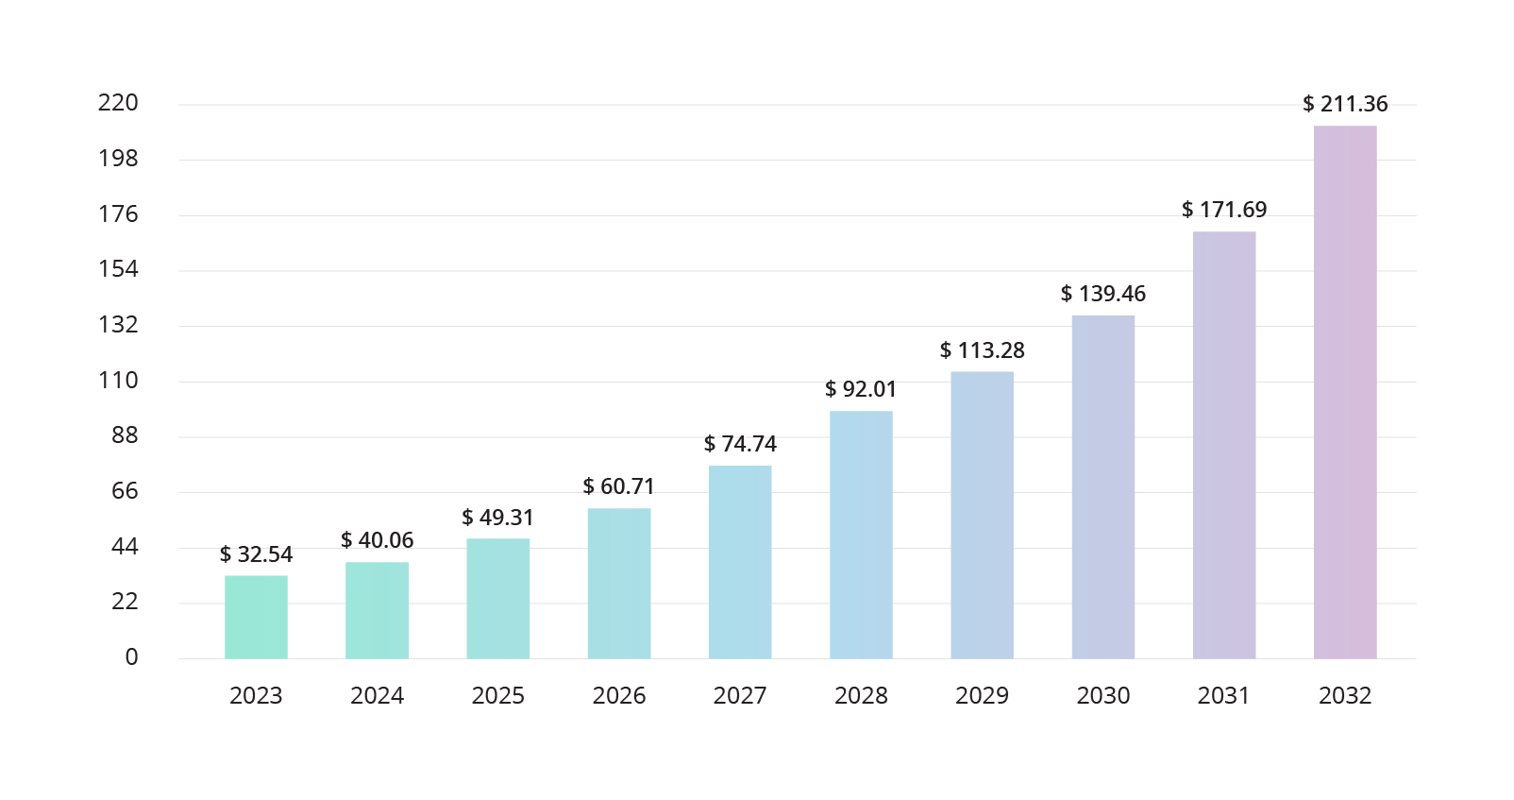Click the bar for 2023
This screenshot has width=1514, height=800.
point(256,617)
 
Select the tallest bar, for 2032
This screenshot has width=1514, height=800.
point(1345,392)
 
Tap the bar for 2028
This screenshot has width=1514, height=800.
point(861,535)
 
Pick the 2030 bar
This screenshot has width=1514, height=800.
point(1103,486)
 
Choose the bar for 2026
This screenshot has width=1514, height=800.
point(619,583)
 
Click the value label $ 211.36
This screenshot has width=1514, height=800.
point(1345,104)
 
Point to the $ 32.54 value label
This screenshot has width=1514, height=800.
point(256,554)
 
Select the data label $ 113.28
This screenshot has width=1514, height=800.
point(982,350)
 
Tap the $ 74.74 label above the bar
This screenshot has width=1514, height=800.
point(740,444)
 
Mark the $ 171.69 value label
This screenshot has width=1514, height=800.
point(1224,210)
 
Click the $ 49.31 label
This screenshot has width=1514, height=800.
point(497,518)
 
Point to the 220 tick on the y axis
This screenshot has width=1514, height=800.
point(118,103)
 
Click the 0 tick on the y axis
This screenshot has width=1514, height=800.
point(131,657)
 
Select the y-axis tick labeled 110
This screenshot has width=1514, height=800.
point(118,381)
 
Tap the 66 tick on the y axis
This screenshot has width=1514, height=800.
point(125,491)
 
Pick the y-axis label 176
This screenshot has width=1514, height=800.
point(118,214)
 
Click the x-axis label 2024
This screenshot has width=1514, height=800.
point(377,696)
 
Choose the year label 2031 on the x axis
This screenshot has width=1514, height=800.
point(1223,696)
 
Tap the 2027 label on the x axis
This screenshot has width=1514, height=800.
point(740,696)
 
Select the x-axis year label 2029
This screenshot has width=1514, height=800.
point(982,696)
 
